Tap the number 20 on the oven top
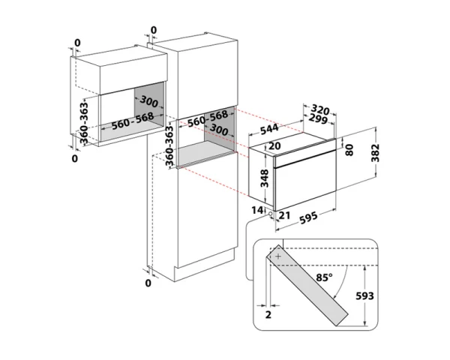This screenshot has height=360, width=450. tap(274, 145)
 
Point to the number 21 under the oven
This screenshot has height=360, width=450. tap(283, 216)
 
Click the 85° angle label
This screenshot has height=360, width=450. tap(325, 277)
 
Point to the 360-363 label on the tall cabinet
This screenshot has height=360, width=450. tap(169, 145)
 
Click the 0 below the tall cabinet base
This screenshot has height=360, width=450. tap(148, 283)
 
